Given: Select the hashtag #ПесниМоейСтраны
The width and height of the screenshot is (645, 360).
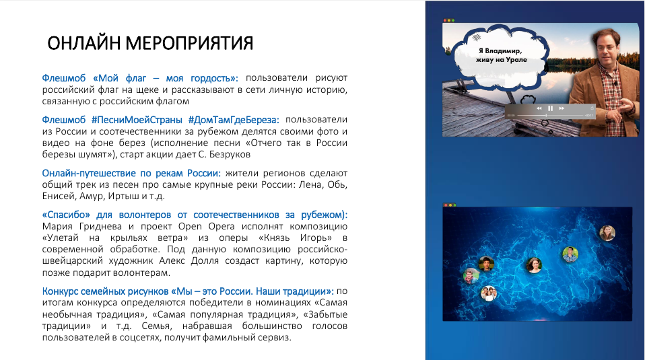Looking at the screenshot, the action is coord(137,120).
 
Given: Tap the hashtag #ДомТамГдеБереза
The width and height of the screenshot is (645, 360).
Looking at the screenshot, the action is coord(233,120).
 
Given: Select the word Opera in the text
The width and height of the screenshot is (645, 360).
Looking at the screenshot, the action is coord(222,227).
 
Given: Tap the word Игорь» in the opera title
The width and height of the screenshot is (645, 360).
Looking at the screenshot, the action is coord(316,238).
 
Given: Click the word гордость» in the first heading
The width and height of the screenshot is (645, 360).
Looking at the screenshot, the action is coord(214,78).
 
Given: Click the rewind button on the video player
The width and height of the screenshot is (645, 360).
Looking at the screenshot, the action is coord(539,108).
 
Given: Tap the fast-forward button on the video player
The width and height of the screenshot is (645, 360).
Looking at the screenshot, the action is coord(562,108).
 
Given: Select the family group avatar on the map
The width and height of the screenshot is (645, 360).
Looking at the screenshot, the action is coord(489,293).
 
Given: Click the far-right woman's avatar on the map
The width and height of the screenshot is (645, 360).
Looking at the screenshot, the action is coord(607,233).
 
